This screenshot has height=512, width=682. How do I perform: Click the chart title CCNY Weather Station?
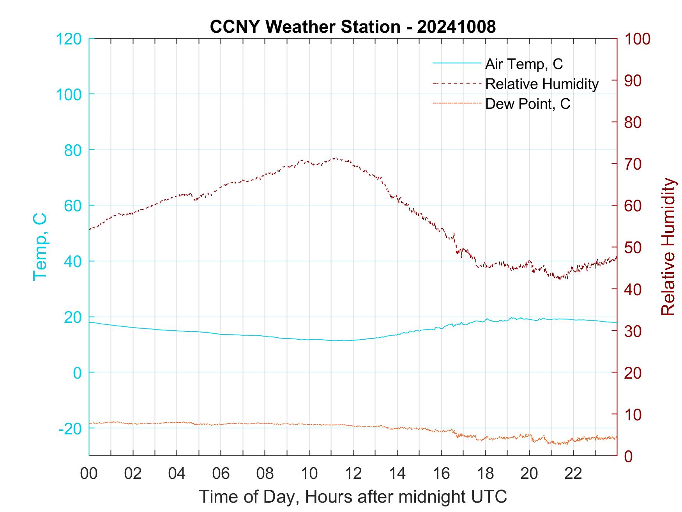[x=353, y=27]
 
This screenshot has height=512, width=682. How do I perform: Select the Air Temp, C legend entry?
[x=523, y=64]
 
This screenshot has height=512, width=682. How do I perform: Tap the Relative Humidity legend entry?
[x=542, y=84]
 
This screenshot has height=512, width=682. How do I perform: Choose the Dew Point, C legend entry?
[x=527, y=104]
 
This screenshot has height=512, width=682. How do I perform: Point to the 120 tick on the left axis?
[x=69, y=39]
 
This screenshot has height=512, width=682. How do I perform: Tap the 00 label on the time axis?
[x=89, y=473]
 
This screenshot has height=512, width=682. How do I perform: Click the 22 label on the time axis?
[x=573, y=473]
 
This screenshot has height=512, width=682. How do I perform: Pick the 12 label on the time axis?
[x=353, y=473]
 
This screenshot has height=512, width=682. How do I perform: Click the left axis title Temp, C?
[x=40, y=246]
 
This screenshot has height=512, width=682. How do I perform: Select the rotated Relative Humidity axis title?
[x=668, y=246]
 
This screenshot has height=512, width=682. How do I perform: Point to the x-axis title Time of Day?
[x=353, y=496]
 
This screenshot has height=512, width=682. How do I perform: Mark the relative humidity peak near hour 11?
[x=335, y=158]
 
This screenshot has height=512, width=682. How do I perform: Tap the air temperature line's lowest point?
[x=334, y=341]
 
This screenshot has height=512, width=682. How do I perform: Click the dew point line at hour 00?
[x=90, y=423]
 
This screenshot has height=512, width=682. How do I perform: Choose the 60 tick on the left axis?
[x=72, y=206]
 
